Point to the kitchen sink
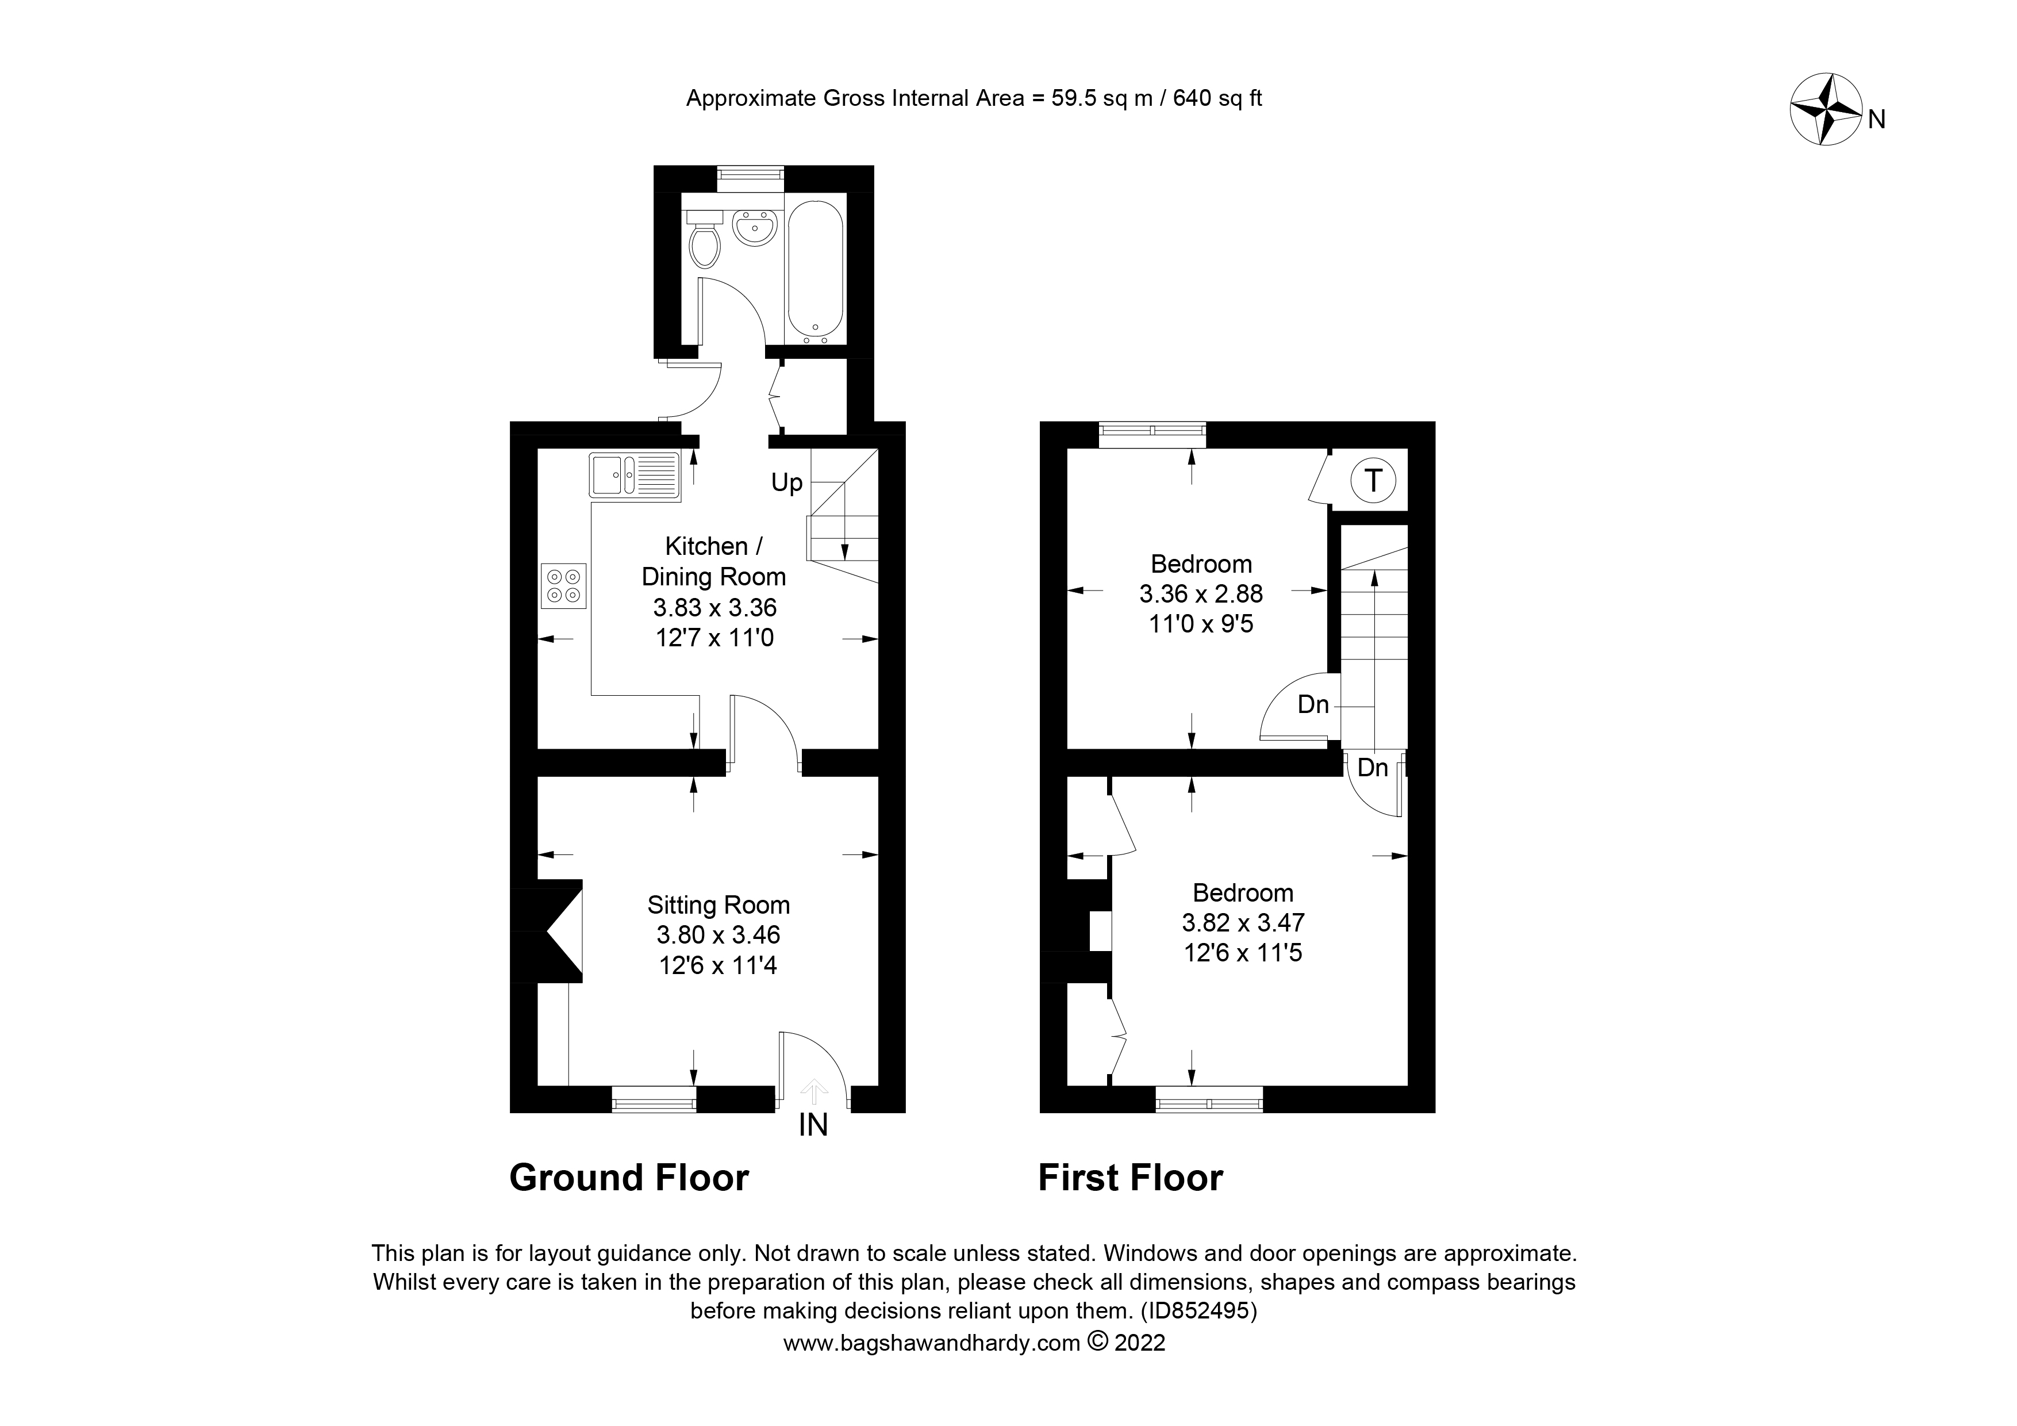point(634,476)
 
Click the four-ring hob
point(564,586)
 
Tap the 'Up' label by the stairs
point(786,482)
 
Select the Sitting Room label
point(718,905)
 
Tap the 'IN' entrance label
point(813,1125)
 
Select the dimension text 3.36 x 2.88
point(1200,594)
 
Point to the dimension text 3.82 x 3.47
point(1242,922)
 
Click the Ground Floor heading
point(629,1178)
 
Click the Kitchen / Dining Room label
point(713,561)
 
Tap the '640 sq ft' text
point(1217,98)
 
